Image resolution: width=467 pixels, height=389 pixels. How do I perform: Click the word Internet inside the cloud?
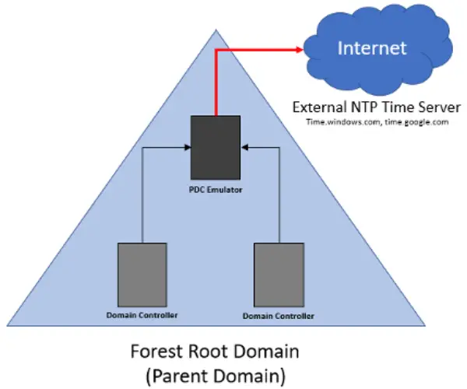371,48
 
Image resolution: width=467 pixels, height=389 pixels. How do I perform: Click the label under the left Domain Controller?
142,315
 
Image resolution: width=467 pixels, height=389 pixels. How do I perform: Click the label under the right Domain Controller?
279,316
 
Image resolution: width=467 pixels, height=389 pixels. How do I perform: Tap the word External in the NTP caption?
318,107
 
